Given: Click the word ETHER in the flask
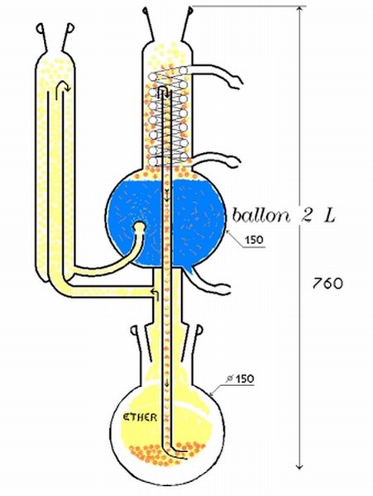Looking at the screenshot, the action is click(x=140, y=417).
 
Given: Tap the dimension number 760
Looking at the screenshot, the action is click(x=328, y=284).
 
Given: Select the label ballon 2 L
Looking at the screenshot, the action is click(x=284, y=216).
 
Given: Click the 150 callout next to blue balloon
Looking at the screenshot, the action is click(x=255, y=240).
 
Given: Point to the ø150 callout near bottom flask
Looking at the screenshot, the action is click(x=241, y=379).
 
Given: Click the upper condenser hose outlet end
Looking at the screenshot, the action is click(x=237, y=82).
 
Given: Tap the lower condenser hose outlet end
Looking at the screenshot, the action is click(x=233, y=163).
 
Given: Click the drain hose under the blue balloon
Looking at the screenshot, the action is click(x=208, y=283).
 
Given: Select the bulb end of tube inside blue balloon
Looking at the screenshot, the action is click(x=139, y=227).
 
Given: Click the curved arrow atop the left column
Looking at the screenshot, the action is click(x=62, y=86).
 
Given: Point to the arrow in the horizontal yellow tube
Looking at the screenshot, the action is click(x=155, y=294).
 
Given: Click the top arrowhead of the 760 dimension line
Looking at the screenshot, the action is click(x=300, y=9).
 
